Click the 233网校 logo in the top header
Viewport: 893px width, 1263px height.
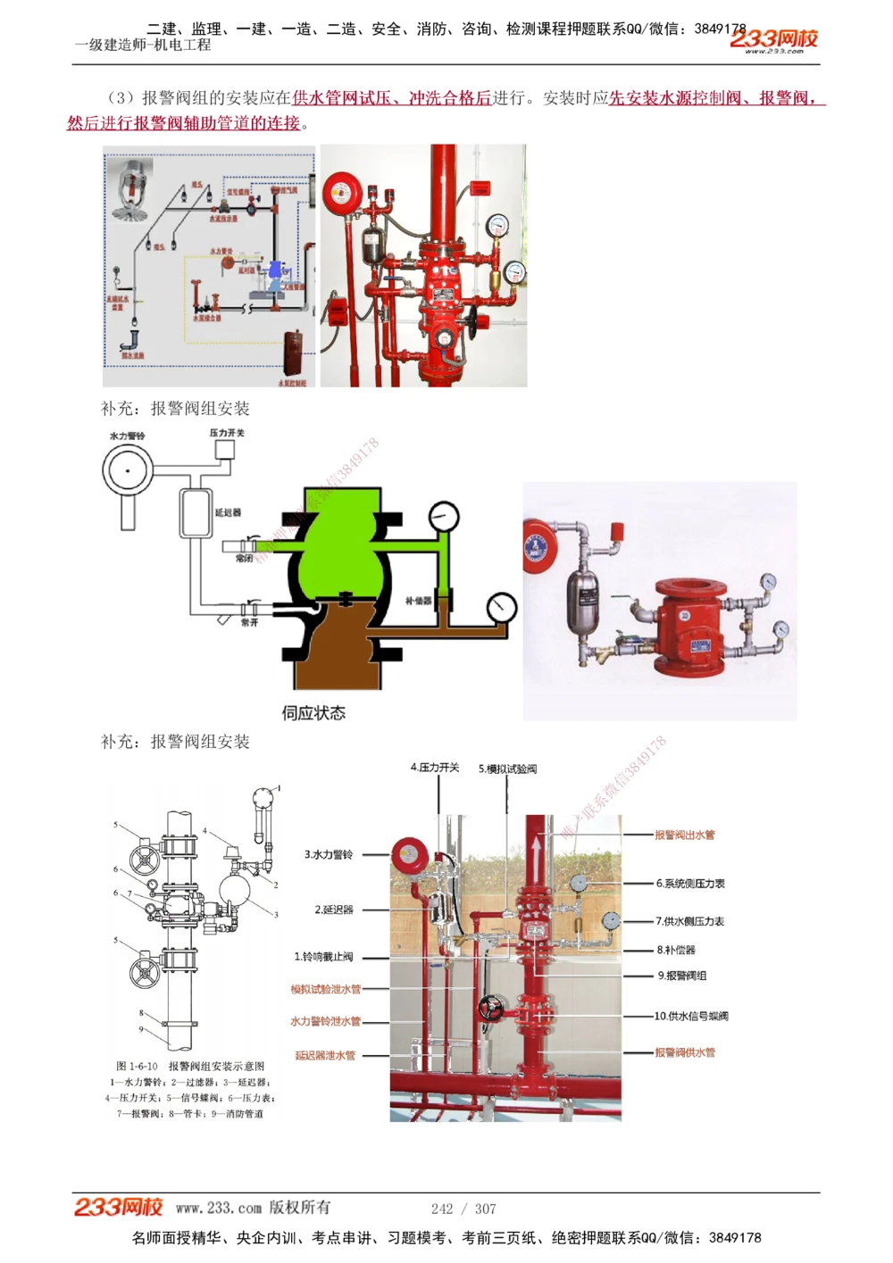click(773, 39)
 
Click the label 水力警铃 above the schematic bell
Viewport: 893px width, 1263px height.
click(127, 436)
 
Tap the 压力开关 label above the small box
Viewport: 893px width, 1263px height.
click(227, 433)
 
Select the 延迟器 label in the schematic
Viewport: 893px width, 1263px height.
click(228, 513)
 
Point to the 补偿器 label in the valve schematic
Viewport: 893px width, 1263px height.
click(418, 601)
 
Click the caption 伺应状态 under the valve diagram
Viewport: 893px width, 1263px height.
click(313, 713)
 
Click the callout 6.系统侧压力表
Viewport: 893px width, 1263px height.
click(690, 884)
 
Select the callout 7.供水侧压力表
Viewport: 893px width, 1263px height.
click(689, 921)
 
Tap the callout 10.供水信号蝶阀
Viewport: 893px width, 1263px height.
click(691, 1016)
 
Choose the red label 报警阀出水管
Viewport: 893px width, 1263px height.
click(685, 835)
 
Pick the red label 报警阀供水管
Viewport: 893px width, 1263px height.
click(685, 1052)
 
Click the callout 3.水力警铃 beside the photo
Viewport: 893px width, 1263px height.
click(329, 855)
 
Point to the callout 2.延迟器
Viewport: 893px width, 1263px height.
click(334, 910)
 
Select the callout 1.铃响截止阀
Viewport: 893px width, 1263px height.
click(323, 957)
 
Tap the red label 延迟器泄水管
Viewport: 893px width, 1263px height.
click(325, 1055)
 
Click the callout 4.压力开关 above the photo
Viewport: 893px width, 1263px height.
click(435, 768)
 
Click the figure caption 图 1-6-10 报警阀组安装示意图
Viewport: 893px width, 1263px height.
click(190, 1066)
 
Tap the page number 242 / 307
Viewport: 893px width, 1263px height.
click(463, 1209)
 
